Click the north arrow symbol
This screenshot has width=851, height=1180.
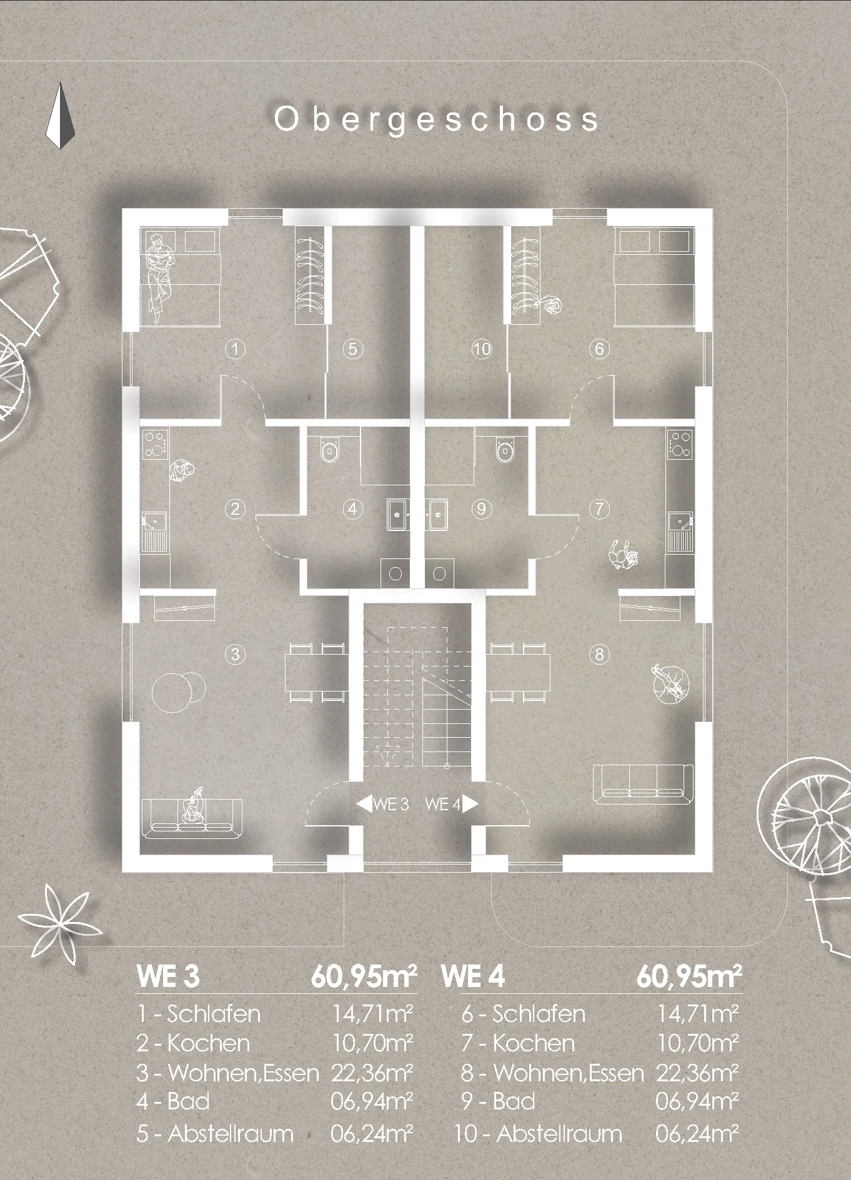[x=60, y=116]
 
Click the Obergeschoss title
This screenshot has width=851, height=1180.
[x=437, y=119]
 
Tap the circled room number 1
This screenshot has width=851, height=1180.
[x=235, y=349]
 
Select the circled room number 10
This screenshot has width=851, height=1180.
[x=482, y=349]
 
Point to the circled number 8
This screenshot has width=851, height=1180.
[x=599, y=654]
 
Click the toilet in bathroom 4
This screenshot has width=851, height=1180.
[x=330, y=448]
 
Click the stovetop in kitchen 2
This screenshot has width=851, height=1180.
[x=156, y=443]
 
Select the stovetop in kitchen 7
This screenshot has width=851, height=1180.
[x=679, y=443]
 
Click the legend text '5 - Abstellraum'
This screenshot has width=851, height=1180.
[x=215, y=1133]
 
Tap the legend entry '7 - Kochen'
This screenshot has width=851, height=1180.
[x=518, y=1043]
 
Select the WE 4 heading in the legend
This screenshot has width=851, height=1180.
[x=472, y=976]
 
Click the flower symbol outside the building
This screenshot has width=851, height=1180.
[x=61, y=919]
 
